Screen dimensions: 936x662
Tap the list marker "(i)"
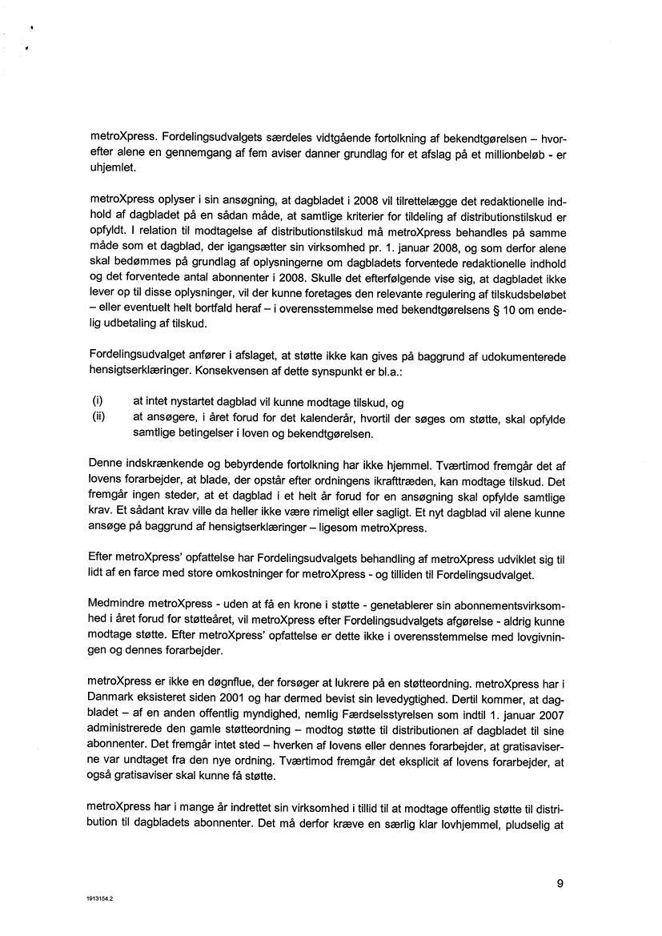98,402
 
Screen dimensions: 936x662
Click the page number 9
560,884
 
